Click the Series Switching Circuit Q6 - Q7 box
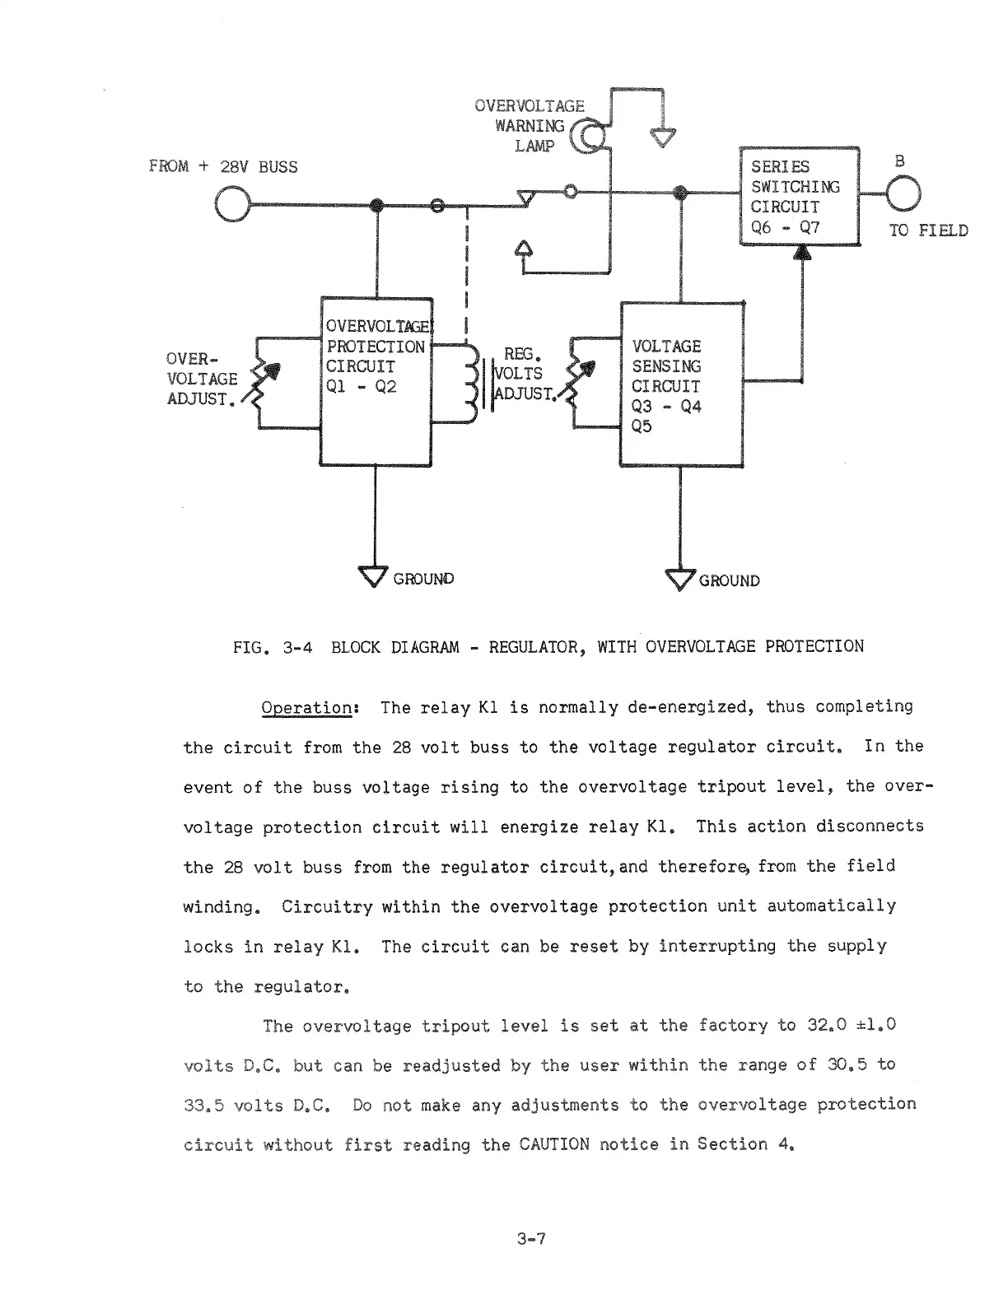tap(799, 196)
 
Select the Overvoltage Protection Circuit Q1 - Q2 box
tap(376, 381)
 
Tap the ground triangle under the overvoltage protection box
tap(374, 576)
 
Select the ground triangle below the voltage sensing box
tap(680, 580)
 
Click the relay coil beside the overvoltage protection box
tap(473, 384)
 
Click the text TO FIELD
tap(927, 231)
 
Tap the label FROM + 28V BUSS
tap(223, 167)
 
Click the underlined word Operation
tap(307, 708)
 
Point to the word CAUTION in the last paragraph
tap(554, 1144)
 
